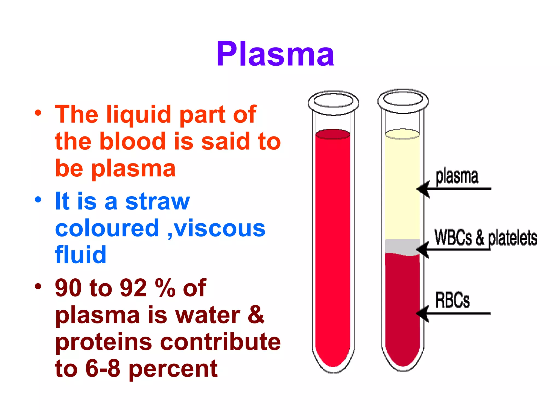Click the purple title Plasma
275,54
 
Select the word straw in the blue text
157,202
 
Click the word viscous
220,228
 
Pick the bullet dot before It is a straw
38,199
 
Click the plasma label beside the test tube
457,176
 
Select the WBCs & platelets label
485,237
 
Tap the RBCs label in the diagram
452,300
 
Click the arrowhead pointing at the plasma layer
422,189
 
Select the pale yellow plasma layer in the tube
402,186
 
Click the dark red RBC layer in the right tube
402,306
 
